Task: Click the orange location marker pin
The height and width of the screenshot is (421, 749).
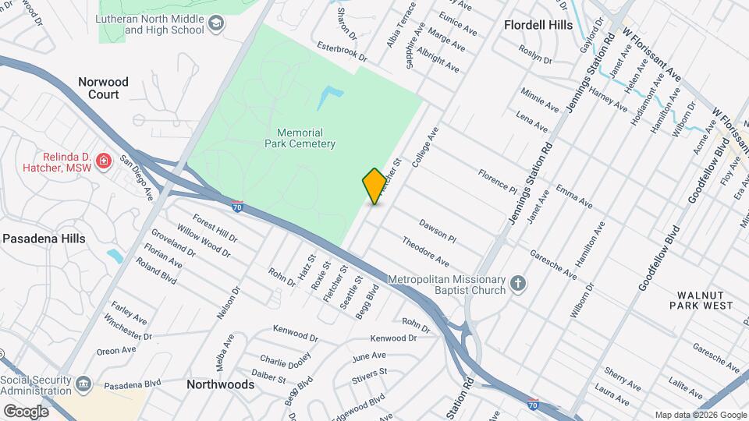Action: pyautogui.click(x=374, y=186)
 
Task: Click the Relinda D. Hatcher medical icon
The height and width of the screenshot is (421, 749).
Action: pyautogui.click(x=103, y=161)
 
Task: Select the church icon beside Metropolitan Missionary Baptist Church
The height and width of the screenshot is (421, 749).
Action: pyautogui.click(x=519, y=285)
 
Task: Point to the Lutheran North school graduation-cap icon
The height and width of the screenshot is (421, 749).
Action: pyautogui.click(x=215, y=25)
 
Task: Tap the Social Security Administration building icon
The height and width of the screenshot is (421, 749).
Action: pyautogui.click(x=84, y=384)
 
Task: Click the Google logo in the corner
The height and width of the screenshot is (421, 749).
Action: pyautogui.click(x=25, y=411)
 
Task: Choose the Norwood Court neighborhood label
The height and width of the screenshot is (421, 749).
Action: pyautogui.click(x=103, y=87)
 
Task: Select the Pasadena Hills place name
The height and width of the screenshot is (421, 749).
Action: pyautogui.click(x=43, y=239)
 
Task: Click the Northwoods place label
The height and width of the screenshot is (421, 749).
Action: pyautogui.click(x=220, y=384)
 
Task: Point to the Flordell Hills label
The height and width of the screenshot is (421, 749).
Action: pyautogui.click(x=538, y=25)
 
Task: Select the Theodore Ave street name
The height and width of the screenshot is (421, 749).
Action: pyautogui.click(x=425, y=251)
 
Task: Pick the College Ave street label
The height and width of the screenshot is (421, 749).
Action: pyautogui.click(x=427, y=146)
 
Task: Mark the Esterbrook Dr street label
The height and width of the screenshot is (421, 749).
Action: pyautogui.click(x=342, y=52)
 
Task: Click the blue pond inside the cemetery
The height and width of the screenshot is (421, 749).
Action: pyautogui.click(x=329, y=97)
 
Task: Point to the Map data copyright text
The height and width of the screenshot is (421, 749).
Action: pyautogui.click(x=701, y=415)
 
